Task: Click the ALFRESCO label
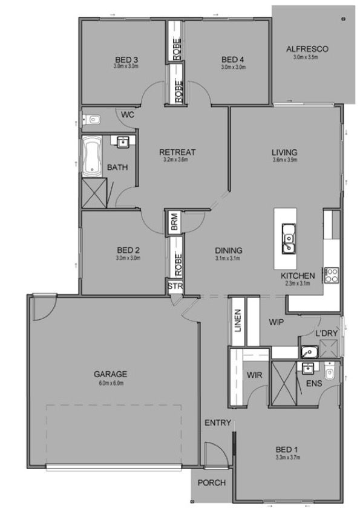coord(307,50)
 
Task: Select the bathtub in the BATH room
coord(92,157)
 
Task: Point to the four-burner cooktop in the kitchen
coord(332,275)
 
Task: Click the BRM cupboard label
coord(174,222)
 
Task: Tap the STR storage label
coord(175,287)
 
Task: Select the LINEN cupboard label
coord(238,320)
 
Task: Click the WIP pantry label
coord(276,322)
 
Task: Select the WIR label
coord(254,375)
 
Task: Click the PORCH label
coord(212,483)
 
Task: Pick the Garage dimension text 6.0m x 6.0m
coord(111,383)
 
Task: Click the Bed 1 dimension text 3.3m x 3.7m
coord(287,458)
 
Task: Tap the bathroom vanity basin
coord(123,142)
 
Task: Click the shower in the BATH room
coord(94,193)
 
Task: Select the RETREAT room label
coord(177,152)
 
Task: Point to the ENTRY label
coord(218,423)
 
